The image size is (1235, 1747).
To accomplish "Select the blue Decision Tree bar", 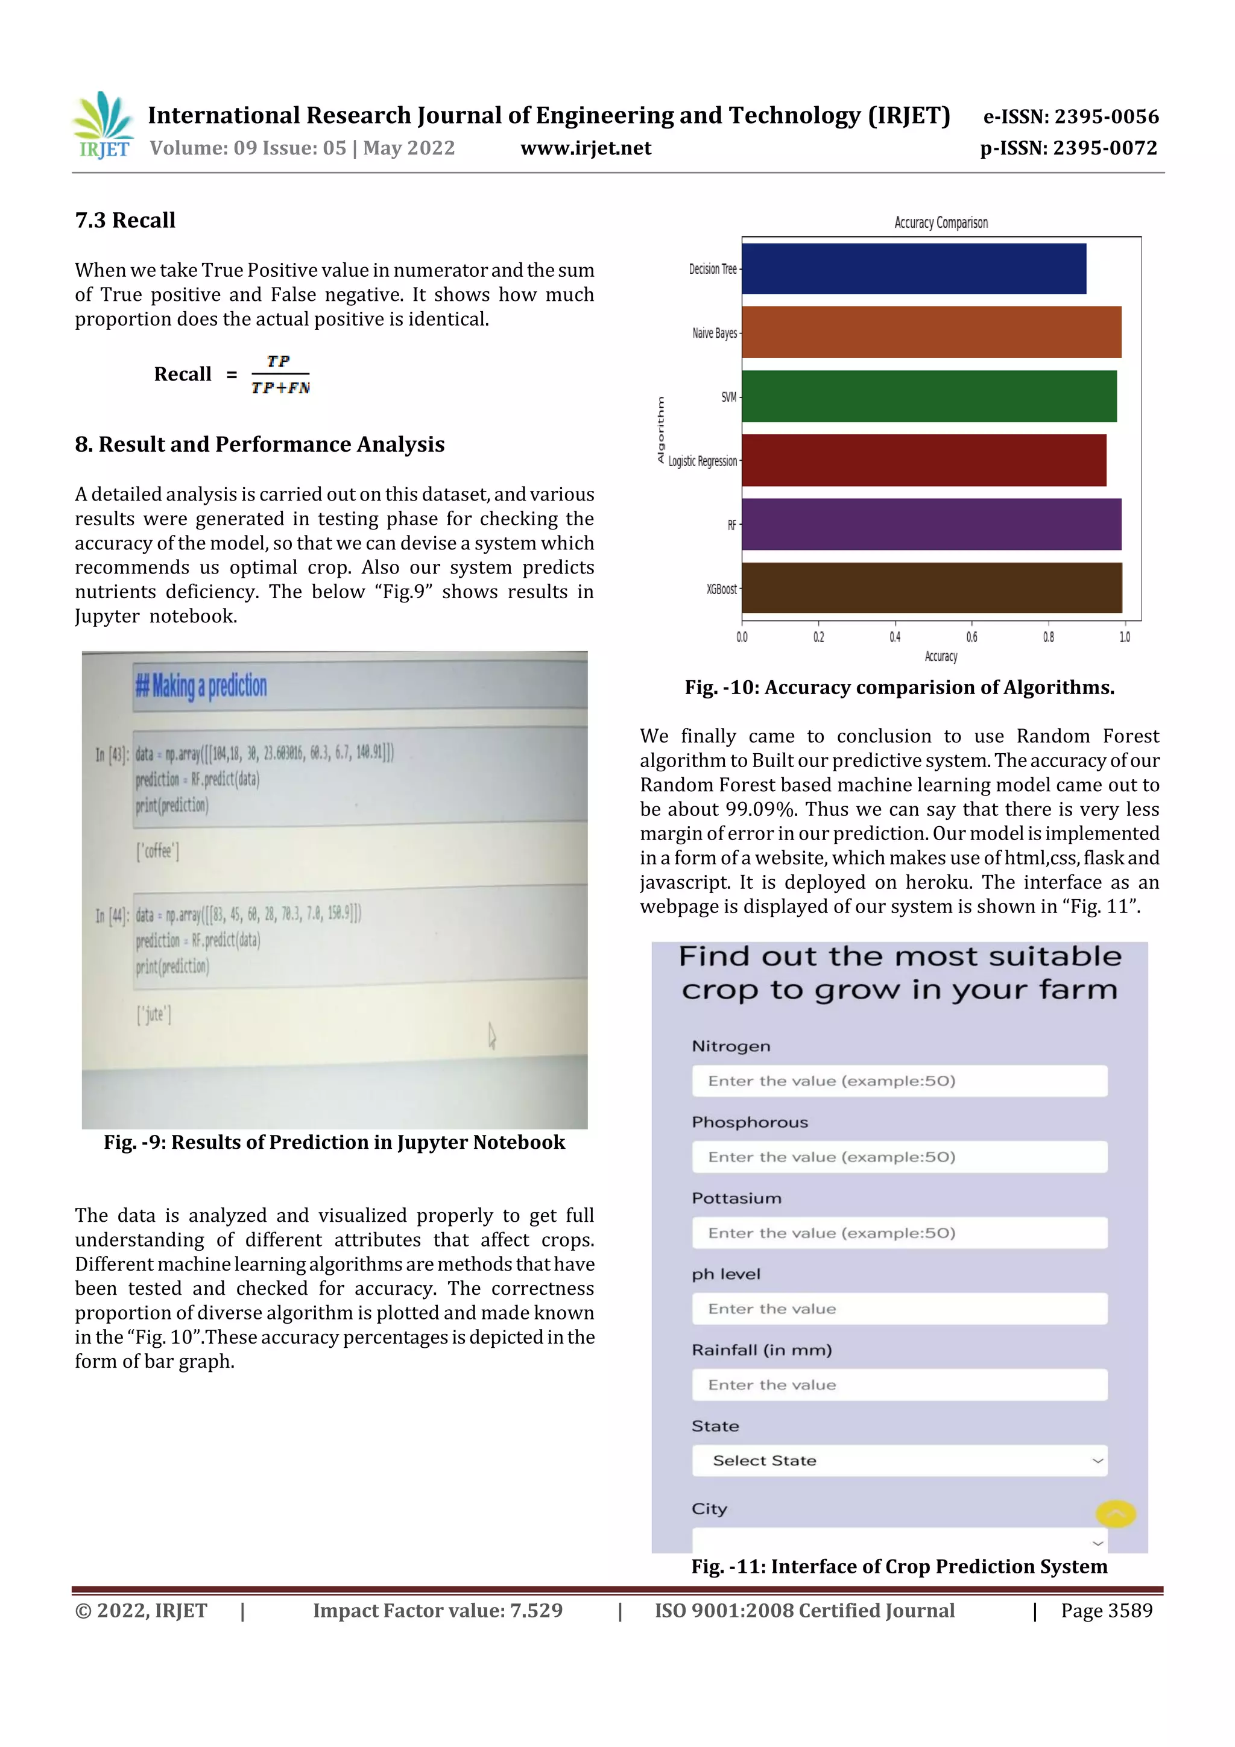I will click(x=913, y=268).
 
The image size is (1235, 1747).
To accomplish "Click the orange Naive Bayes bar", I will click(x=930, y=332).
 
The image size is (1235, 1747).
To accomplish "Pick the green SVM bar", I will click(x=928, y=396).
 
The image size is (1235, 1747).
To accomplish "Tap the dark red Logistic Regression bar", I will click(x=923, y=460).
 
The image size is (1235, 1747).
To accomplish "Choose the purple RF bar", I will click(x=930, y=524).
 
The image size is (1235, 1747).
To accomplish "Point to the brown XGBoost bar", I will click(x=930, y=588).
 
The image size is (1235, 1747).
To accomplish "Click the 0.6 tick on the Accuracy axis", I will click(x=971, y=637).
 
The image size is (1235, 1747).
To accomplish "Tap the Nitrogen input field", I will click(x=899, y=1081).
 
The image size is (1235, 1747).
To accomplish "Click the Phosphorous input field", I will click(x=899, y=1157).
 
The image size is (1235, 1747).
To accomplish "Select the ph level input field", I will click(x=899, y=1309).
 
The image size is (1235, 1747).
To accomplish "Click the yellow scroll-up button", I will click(x=1116, y=1514).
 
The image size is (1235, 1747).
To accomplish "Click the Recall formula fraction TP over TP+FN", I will click(x=280, y=374).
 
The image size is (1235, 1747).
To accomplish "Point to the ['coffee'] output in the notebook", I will click(x=157, y=851).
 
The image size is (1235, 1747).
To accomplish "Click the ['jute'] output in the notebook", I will click(x=154, y=1014).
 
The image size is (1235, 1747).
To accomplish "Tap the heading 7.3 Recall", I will click(x=125, y=221).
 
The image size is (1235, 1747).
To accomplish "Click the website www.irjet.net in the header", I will click(x=585, y=148).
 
